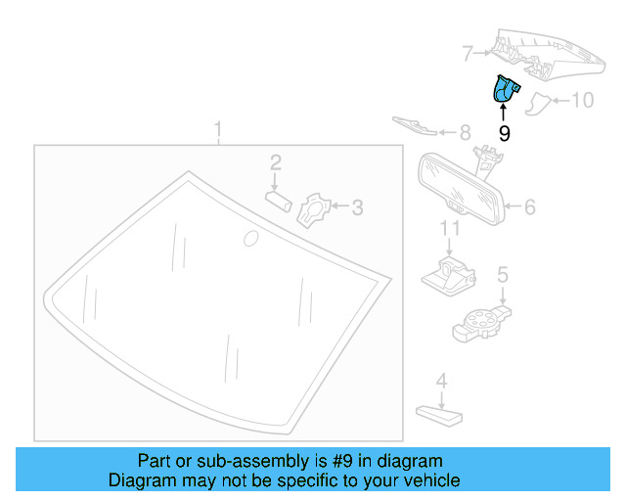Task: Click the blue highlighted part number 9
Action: (x=506, y=91)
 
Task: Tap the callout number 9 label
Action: (x=505, y=134)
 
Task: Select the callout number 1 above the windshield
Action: (x=219, y=129)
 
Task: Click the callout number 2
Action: (x=276, y=161)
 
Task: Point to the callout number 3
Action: (x=357, y=206)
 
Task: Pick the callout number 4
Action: (x=441, y=381)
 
